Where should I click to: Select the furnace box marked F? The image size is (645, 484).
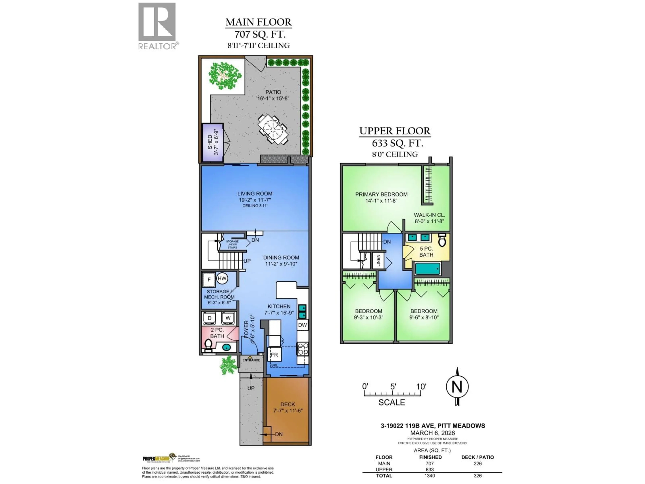pos(209,279)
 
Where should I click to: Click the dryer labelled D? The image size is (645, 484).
pos(209,318)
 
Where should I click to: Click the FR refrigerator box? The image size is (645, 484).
pos(274,355)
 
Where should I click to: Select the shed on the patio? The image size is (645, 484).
pos(213,142)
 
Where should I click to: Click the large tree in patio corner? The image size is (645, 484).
pos(225,76)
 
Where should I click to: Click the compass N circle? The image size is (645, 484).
pos(457,387)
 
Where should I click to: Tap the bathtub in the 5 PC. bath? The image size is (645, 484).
pos(427,269)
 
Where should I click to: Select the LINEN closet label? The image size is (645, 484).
pos(378,260)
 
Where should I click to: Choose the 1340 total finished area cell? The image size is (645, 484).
pos(429,476)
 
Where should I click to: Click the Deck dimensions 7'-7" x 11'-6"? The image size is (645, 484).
pos(288,411)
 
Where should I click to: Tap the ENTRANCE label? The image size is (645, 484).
pos(251,360)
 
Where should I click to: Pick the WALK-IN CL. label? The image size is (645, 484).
pos(429,215)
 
